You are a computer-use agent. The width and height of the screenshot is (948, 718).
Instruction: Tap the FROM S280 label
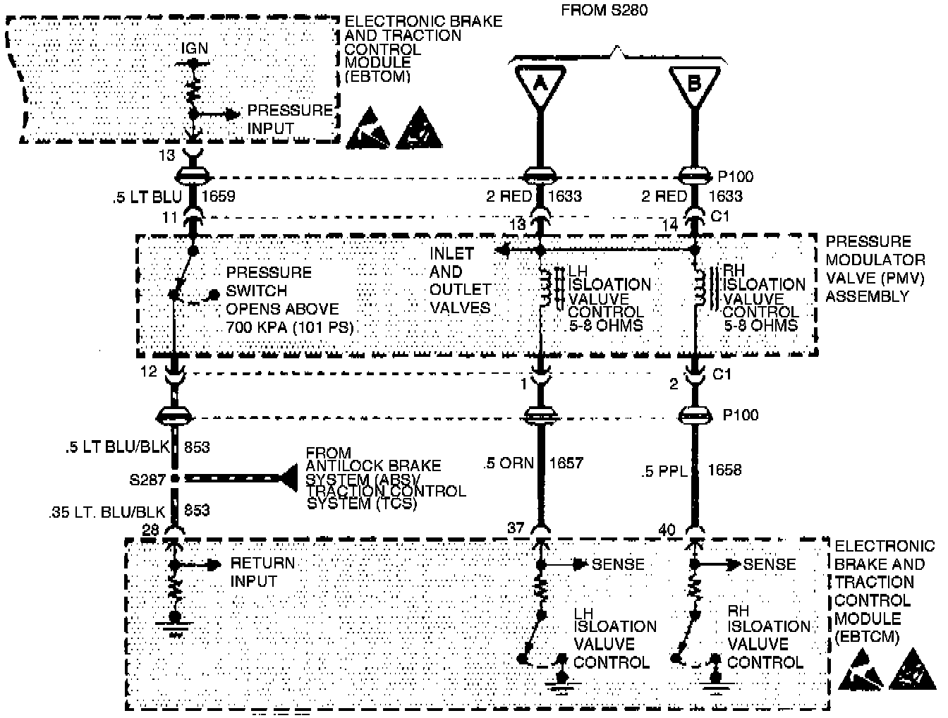604,10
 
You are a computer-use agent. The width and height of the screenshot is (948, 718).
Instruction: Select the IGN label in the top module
195,48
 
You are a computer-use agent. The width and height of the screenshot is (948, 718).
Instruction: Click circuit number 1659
219,196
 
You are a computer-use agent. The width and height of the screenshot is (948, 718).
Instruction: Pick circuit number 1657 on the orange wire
566,463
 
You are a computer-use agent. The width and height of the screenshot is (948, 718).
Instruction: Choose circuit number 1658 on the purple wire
724,470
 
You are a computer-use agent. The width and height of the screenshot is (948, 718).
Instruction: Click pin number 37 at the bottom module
516,527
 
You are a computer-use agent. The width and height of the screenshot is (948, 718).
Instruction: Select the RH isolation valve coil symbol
699,287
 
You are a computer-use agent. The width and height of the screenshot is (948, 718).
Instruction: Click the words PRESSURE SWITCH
268,281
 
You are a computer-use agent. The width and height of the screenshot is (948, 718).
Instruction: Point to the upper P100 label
738,176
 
